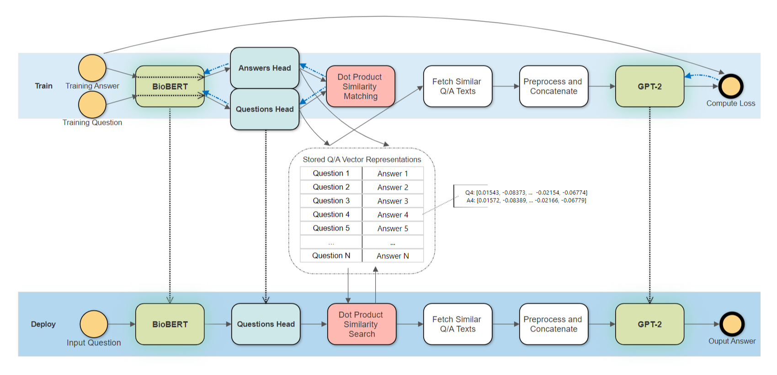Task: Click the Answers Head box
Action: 265,68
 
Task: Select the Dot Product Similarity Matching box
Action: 360,86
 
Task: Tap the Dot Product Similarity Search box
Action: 362,324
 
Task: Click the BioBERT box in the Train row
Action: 170,86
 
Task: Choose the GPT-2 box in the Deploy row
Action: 649,324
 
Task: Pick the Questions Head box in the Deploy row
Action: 266,324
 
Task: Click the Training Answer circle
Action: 92,68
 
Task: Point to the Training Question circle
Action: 92,105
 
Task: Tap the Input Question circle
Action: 94,324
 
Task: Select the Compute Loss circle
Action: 731,86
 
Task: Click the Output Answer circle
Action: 732,324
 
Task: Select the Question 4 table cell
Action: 331,214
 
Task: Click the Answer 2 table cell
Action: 393,187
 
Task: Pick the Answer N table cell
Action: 393,256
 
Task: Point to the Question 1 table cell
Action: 331,173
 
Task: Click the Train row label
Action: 44,86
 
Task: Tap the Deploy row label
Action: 43,324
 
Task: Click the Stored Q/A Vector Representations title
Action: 362,160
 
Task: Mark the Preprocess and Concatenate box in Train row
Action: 553,86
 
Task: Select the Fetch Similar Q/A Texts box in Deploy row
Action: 457,324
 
